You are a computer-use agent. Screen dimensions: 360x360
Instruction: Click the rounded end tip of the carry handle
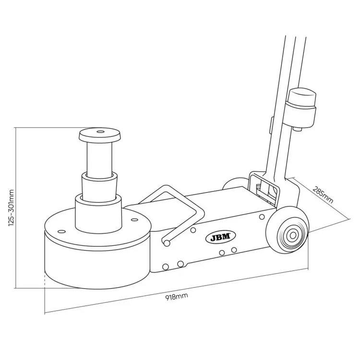coord(166,241)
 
